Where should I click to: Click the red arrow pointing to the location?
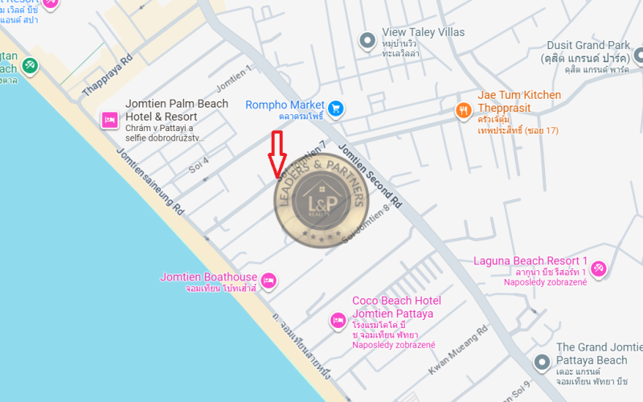coord(277,154)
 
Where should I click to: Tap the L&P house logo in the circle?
coord(321,202)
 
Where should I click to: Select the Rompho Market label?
coord(285,105)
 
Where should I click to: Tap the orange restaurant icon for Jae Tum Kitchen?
coord(462,111)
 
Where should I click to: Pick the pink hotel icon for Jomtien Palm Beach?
coord(109,121)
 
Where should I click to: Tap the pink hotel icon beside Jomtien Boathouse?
coord(269,280)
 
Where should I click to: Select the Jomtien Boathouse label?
coord(208,277)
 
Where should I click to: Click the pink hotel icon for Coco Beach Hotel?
coord(338,321)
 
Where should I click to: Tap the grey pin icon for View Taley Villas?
coord(367,39)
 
